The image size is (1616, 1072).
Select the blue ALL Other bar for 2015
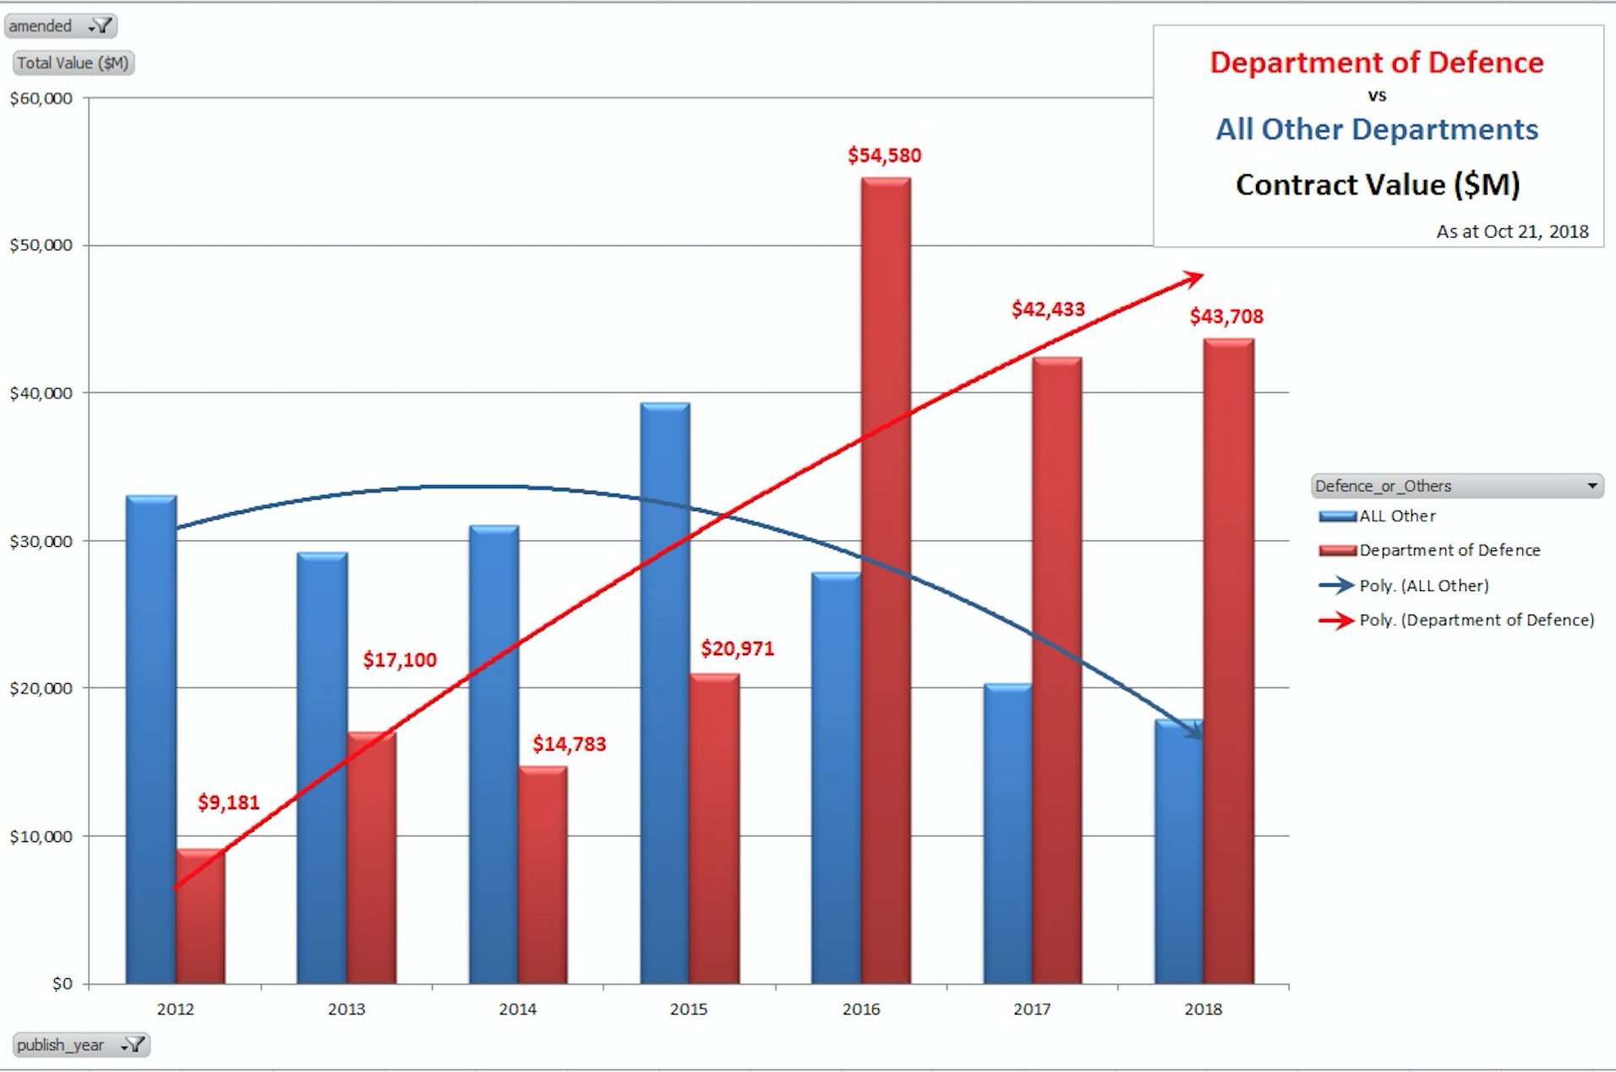tap(665, 693)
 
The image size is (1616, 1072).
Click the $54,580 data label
tap(884, 156)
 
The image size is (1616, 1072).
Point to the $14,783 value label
tap(569, 744)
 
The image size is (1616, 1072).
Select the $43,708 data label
tap(1226, 317)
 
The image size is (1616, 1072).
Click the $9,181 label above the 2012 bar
tap(228, 802)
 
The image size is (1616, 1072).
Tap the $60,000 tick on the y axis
tap(41, 99)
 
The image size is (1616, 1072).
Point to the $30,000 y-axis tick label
tap(41, 542)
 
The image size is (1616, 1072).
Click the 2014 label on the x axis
tap(517, 1009)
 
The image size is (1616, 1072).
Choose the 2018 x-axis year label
tap(1203, 1009)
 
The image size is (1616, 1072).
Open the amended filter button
tap(101, 26)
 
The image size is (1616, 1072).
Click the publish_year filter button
tap(134, 1046)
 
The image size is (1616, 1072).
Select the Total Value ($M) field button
tap(73, 63)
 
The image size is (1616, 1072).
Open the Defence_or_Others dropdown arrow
tap(1591, 486)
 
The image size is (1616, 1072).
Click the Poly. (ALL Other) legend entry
tap(1423, 586)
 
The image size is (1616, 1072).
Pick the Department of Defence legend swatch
tap(1337, 551)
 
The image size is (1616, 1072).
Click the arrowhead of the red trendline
tap(1194, 277)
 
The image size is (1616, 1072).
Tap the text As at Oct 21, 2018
tap(1512, 232)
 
